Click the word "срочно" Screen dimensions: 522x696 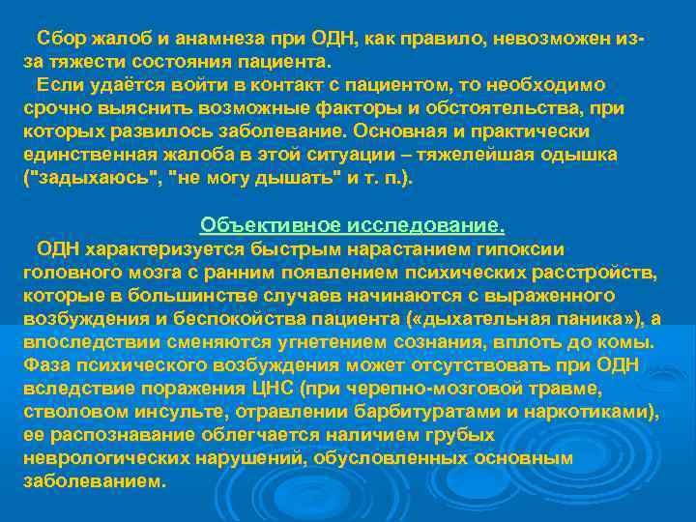53,108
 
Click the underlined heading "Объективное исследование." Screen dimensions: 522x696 352,225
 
